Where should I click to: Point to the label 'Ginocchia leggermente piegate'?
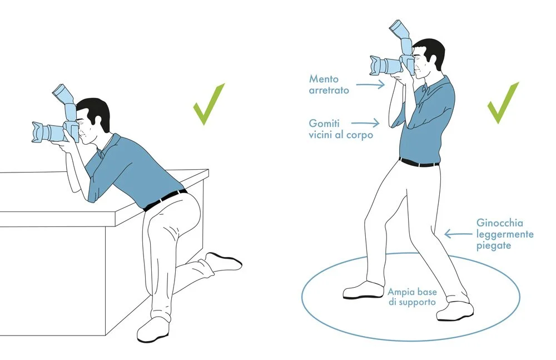(504, 234)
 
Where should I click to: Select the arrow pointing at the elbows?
(367, 121)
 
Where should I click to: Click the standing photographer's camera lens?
(383, 65)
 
